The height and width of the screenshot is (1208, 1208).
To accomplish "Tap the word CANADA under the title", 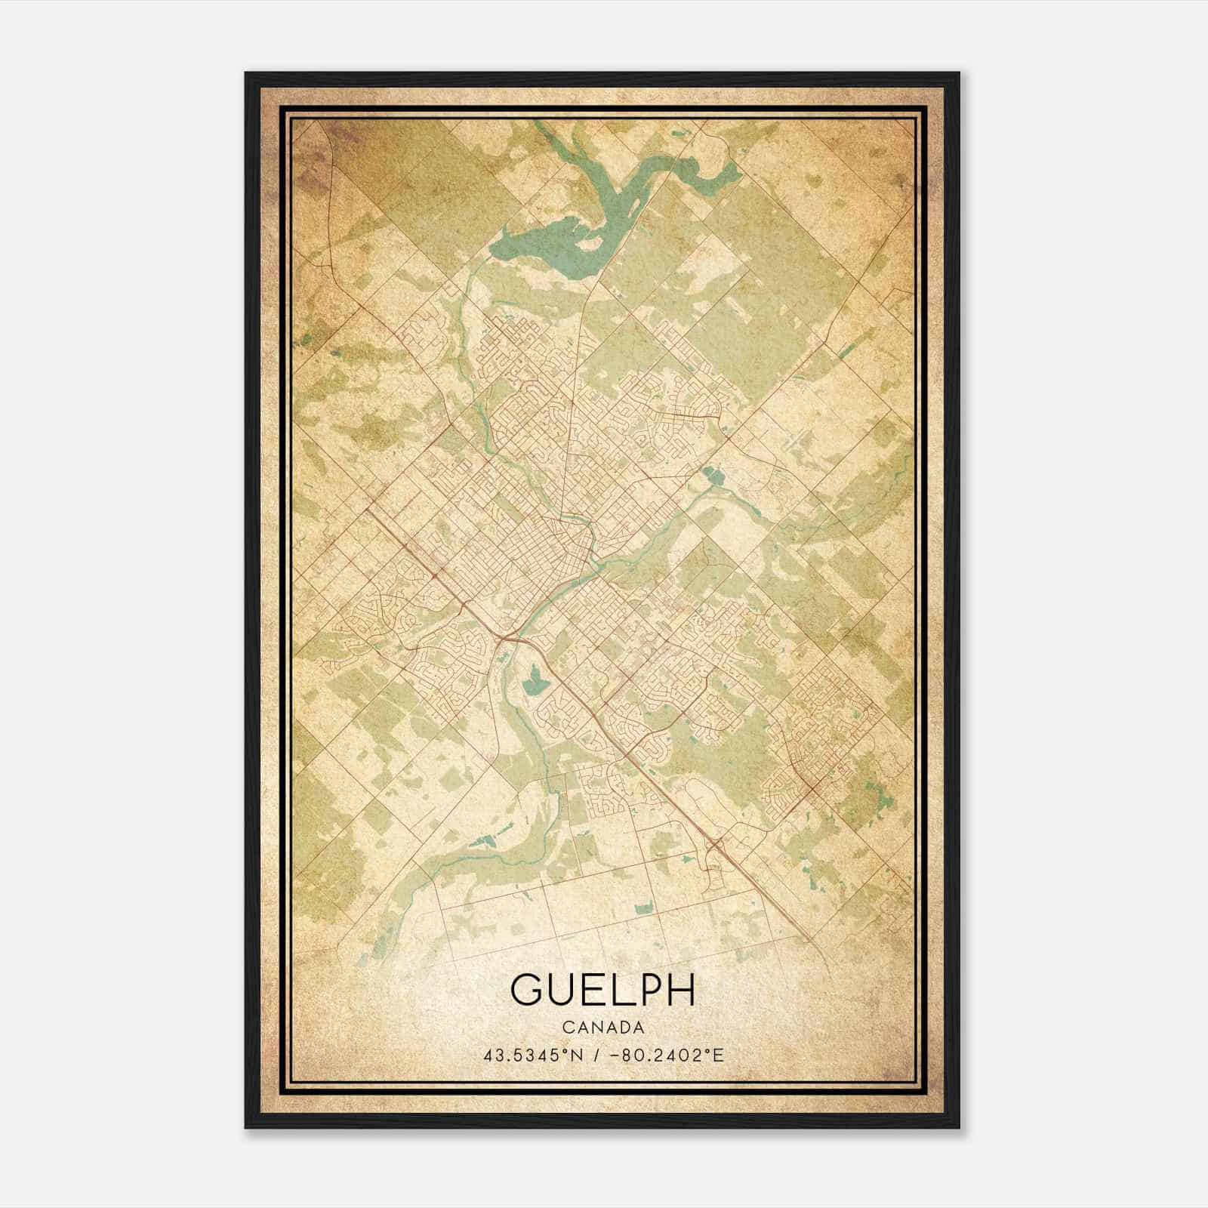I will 602,1028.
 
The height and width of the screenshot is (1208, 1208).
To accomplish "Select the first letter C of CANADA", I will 565,1028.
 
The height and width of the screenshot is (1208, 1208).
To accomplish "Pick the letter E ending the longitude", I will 719,1055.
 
